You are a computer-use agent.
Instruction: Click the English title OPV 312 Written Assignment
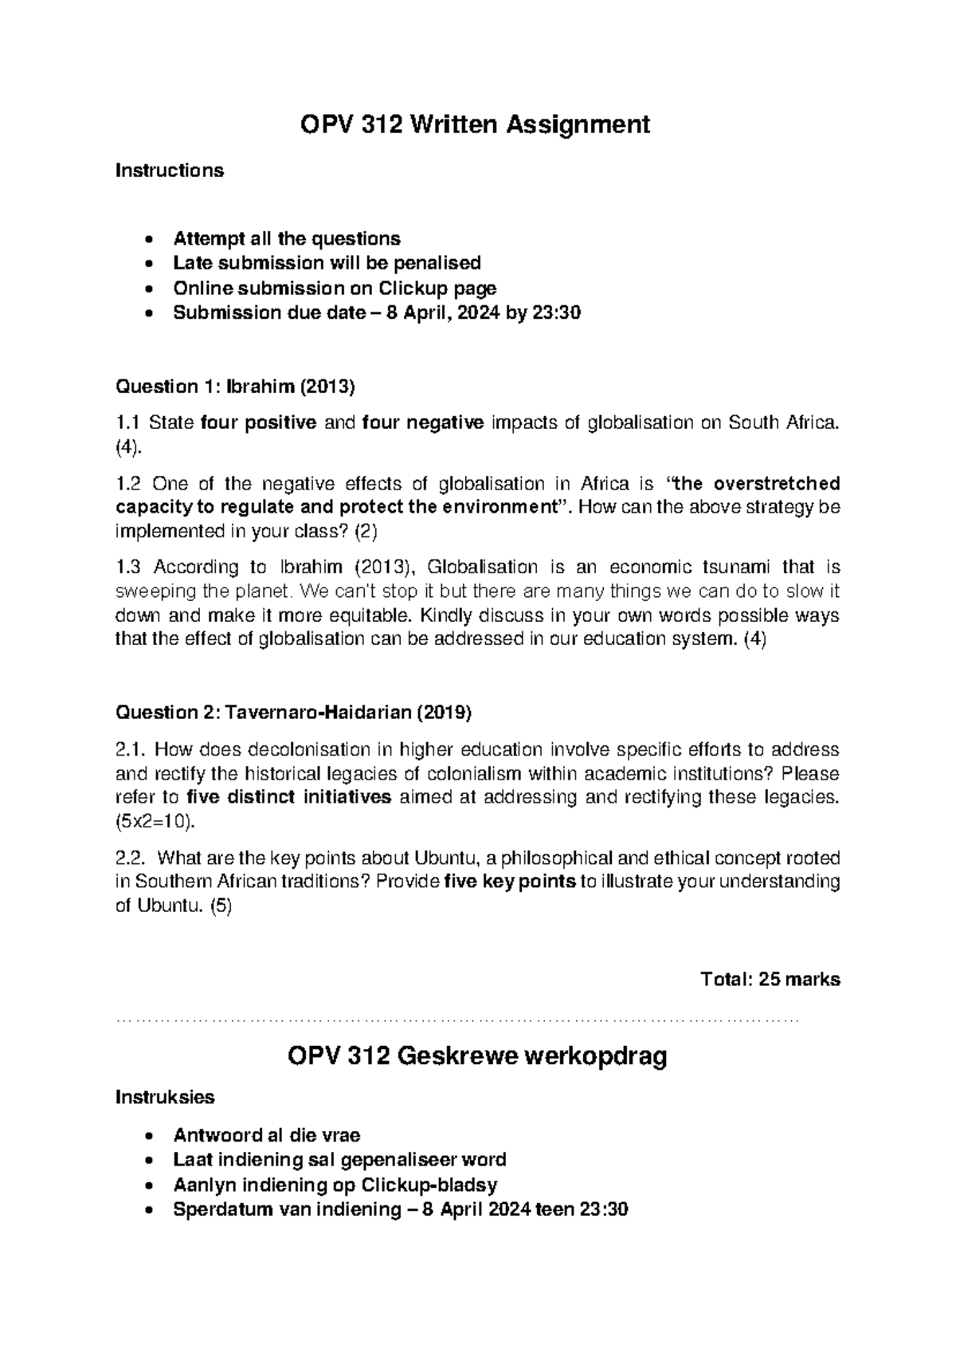(474, 125)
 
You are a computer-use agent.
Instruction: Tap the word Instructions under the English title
(170, 171)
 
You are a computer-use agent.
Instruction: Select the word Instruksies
(165, 1098)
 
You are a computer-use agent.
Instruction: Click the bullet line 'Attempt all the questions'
(287, 239)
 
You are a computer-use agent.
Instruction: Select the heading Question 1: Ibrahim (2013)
(235, 387)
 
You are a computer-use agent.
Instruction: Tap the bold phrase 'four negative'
(422, 422)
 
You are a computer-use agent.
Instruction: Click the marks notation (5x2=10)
(155, 821)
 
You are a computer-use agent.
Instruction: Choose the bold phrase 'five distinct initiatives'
(288, 797)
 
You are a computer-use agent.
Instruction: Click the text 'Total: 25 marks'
(769, 980)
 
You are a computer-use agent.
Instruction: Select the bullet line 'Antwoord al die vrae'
(267, 1135)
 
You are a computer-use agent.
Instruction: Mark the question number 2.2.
(131, 859)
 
